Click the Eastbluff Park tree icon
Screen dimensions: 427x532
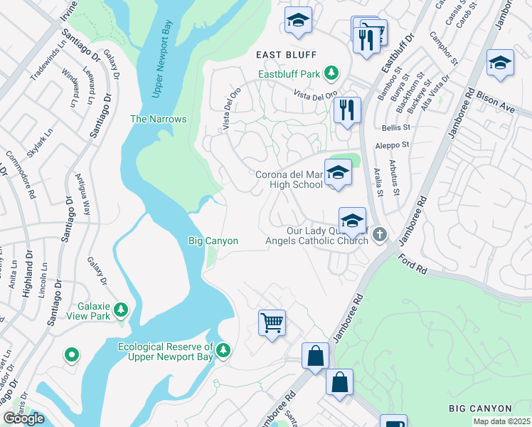click(x=331, y=73)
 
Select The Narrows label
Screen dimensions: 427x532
click(x=158, y=119)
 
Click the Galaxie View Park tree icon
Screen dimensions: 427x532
click(x=121, y=310)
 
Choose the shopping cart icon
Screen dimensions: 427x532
click(x=272, y=323)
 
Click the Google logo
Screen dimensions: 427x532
click(x=23, y=419)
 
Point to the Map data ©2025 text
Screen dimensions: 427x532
click(x=501, y=421)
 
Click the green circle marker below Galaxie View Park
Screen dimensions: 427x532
click(x=71, y=354)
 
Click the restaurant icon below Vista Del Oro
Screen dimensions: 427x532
click(x=346, y=110)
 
